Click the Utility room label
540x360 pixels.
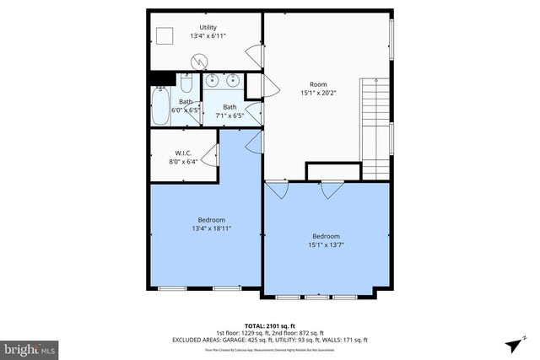[x=207, y=28]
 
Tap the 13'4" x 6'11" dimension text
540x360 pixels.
[x=207, y=37]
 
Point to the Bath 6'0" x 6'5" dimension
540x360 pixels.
[x=185, y=110]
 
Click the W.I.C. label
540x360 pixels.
[x=185, y=153]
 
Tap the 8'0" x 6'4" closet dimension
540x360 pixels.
[x=185, y=162]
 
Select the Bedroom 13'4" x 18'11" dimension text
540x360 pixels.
[x=211, y=228]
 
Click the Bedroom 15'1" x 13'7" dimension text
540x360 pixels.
[x=326, y=245]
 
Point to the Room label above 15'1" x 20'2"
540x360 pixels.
[x=318, y=83]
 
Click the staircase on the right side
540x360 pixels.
[x=375, y=126]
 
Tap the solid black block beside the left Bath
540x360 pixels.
[x=159, y=79]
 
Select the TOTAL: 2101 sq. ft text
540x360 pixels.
[x=269, y=325]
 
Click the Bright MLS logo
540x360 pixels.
[x=30, y=347]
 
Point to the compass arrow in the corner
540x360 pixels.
[x=513, y=346]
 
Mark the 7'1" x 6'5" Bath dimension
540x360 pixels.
[x=229, y=116]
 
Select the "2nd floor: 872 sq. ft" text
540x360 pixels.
[x=295, y=332]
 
